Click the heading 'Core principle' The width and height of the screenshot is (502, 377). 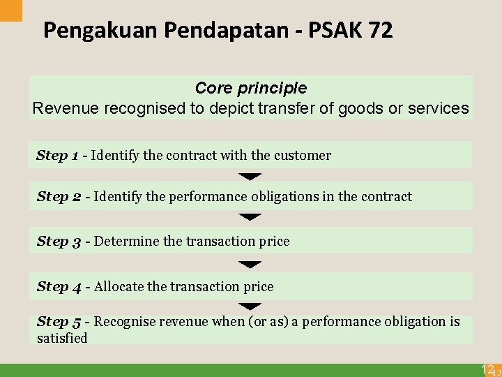[x=251, y=89]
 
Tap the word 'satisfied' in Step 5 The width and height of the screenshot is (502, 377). [x=62, y=339]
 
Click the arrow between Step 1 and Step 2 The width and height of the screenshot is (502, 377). [x=250, y=177]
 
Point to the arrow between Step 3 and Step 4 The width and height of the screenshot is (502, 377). [x=250, y=265]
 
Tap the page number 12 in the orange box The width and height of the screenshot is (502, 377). [x=488, y=369]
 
